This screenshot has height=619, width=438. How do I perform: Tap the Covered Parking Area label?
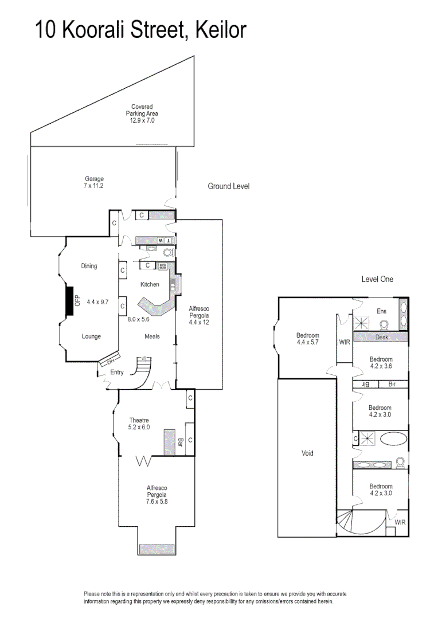tap(142, 113)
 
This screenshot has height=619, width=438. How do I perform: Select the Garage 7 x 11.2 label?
tap(94, 182)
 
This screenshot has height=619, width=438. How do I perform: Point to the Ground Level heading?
tap(228, 186)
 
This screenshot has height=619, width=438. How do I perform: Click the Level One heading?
tap(377, 279)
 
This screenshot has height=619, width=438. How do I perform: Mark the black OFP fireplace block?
tap(69, 300)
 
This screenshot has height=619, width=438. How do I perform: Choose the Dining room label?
tap(89, 266)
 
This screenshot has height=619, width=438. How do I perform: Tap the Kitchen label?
tap(150, 284)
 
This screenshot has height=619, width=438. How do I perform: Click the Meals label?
tap(152, 336)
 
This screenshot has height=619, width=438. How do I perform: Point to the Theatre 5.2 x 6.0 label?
tap(139, 424)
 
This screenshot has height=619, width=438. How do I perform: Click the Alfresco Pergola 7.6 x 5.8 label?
tap(157, 494)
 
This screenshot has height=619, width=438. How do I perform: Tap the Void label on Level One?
tap(307, 453)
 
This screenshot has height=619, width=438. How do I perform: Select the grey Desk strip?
tap(381, 338)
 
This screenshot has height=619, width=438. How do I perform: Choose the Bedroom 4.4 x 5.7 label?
tap(307, 339)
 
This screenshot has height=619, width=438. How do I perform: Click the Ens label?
tap(381, 311)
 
